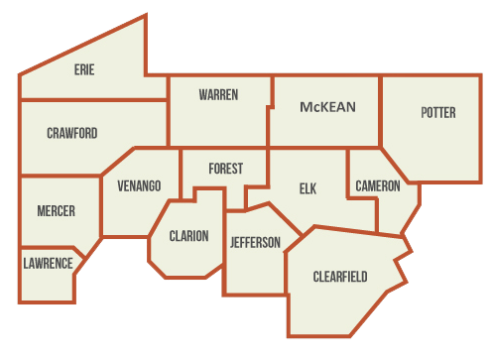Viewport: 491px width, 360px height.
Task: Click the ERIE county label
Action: pos(84,69)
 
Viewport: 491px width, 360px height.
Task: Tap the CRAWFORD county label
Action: pos(71,133)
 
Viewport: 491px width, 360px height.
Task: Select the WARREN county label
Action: pos(217,94)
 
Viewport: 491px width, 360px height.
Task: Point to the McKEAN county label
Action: pos(327,106)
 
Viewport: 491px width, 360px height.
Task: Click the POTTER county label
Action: pos(437,113)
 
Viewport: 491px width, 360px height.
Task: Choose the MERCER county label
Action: pos(56,211)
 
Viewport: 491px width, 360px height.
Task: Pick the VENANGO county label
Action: pos(139,185)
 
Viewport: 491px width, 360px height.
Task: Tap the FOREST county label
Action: pos(225,169)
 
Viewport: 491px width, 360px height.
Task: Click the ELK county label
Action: pos(307,188)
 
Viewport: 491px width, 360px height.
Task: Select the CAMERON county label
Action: pos(378,185)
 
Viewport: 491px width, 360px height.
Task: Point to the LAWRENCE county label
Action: pos(48,263)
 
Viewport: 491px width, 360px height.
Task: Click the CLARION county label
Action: pos(188,236)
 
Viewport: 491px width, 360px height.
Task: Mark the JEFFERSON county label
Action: pos(255,242)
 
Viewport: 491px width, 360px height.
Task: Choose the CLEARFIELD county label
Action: pos(340,276)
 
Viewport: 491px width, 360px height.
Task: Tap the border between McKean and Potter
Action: pos(382,111)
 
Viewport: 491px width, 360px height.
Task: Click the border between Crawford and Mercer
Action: pos(60,177)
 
